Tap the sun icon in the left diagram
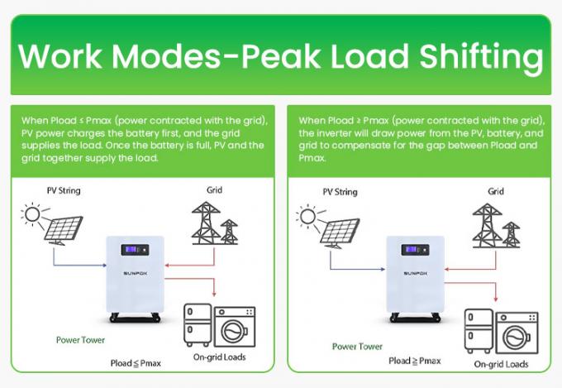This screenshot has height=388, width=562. [x=34, y=217]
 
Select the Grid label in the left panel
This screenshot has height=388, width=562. [x=214, y=191]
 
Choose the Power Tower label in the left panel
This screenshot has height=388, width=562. [x=79, y=339]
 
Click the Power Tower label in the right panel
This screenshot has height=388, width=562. [x=357, y=347]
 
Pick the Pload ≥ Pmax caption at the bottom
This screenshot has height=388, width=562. [x=415, y=361]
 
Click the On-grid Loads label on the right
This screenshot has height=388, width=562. [x=501, y=364]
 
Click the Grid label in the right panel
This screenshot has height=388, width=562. [x=495, y=191]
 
